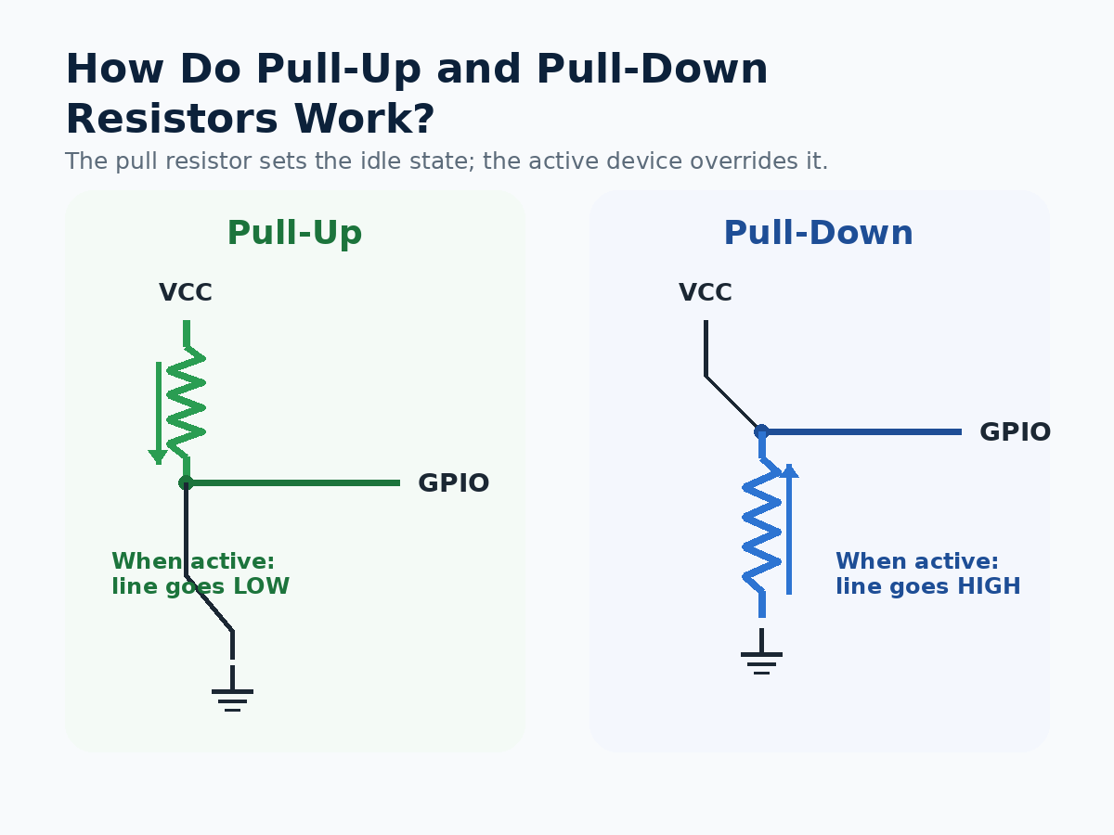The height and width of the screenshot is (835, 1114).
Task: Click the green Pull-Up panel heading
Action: (x=294, y=233)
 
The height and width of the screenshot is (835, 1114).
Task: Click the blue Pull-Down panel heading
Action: (x=818, y=233)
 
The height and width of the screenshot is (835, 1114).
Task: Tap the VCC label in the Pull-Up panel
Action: (x=186, y=292)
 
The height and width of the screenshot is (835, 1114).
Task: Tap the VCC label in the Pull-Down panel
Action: (x=706, y=292)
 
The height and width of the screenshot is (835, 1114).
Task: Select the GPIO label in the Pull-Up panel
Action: (x=454, y=482)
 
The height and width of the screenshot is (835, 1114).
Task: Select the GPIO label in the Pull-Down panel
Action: (x=1015, y=432)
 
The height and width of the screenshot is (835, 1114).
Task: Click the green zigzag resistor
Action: (x=187, y=403)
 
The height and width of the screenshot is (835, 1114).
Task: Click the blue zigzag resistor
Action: (x=762, y=525)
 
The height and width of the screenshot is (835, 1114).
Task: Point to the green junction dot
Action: (x=186, y=482)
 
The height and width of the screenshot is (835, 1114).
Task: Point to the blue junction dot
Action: (x=761, y=432)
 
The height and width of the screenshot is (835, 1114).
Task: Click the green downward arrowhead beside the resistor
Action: (x=159, y=456)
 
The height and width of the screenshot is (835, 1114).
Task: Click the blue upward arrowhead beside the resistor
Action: (x=789, y=470)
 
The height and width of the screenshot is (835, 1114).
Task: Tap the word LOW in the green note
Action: (x=262, y=586)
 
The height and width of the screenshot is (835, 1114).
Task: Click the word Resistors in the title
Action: (x=172, y=119)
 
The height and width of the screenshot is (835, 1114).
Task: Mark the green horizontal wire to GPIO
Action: (x=292, y=482)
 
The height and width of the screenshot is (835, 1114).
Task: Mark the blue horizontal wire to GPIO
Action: (x=861, y=432)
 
